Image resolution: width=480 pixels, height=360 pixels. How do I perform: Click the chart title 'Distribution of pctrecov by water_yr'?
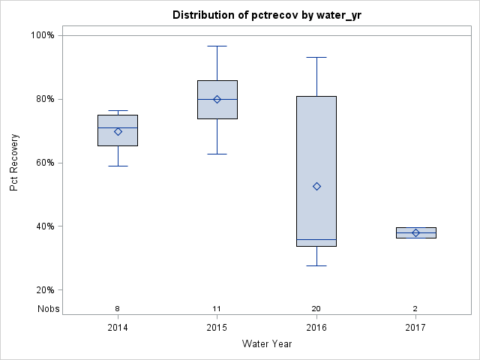click(266, 15)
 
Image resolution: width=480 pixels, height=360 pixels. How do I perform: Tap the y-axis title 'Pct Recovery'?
click(14, 162)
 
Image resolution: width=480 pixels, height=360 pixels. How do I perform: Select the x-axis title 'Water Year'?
click(266, 343)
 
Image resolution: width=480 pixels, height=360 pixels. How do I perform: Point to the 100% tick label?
click(42, 35)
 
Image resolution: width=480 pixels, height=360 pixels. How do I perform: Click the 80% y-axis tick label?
click(44, 99)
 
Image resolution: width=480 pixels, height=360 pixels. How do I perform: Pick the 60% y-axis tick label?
click(44, 163)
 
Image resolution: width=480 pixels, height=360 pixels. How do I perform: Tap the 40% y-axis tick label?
click(44, 226)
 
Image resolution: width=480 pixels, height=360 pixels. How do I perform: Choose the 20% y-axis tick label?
click(44, 290)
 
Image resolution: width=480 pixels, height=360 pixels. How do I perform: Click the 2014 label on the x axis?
click(118, 328)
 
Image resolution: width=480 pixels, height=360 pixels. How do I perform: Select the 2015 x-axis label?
click(217, 328)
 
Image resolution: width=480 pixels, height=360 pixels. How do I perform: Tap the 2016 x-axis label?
click(316, 328)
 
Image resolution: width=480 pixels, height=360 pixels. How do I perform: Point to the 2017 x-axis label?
click(415, 328)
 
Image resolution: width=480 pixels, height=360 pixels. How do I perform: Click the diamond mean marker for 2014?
click(118, 131)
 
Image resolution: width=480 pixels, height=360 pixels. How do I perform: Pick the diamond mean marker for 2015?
click(217, 99)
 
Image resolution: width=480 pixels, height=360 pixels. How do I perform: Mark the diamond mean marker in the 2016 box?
click(316, 186)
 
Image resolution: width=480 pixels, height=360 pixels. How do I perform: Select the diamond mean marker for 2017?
click(415, 232)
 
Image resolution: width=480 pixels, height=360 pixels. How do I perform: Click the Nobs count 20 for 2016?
click(316, 308)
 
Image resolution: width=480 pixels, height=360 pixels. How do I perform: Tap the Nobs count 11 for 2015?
click(217, 308)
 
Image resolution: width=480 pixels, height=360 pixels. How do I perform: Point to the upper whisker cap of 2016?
click(316, 57)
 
